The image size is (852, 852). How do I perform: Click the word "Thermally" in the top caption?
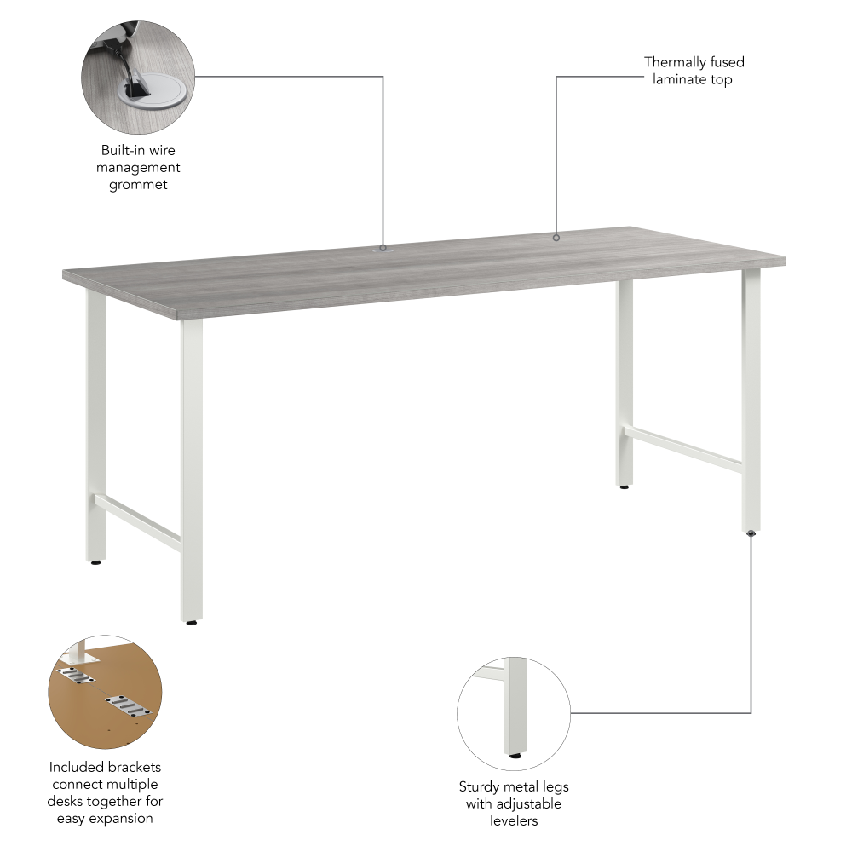676,62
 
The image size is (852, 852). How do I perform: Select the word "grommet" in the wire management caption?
138,184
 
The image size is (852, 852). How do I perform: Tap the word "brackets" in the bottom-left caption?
131,768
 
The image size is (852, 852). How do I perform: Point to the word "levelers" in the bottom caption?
514,820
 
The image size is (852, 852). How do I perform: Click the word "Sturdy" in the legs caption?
479,786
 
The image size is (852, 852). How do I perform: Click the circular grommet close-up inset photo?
137,78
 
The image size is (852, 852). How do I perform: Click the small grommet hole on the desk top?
383,249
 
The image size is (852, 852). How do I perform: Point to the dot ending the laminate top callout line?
556,238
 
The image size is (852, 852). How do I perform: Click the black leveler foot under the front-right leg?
751,533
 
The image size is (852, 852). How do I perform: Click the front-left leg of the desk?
192,469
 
